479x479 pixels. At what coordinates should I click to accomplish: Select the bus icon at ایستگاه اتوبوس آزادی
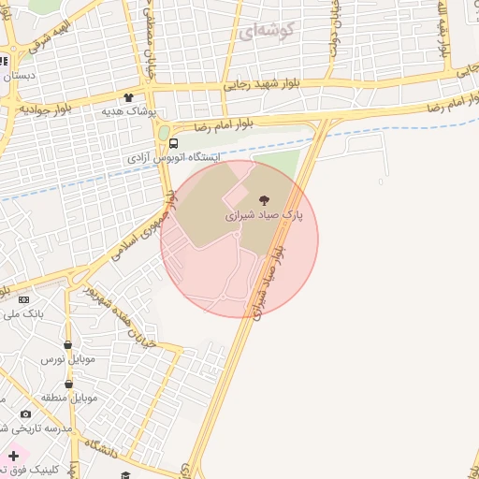coord(175,143)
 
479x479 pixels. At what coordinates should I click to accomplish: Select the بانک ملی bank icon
coord(23,299)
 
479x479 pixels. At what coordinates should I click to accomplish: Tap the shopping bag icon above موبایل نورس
coord(67,343)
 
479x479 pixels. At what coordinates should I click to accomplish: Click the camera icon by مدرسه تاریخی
coord(25,414)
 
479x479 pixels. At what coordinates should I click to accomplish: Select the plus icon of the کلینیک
coord(13,456)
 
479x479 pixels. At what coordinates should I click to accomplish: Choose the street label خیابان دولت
coord(334,28)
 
